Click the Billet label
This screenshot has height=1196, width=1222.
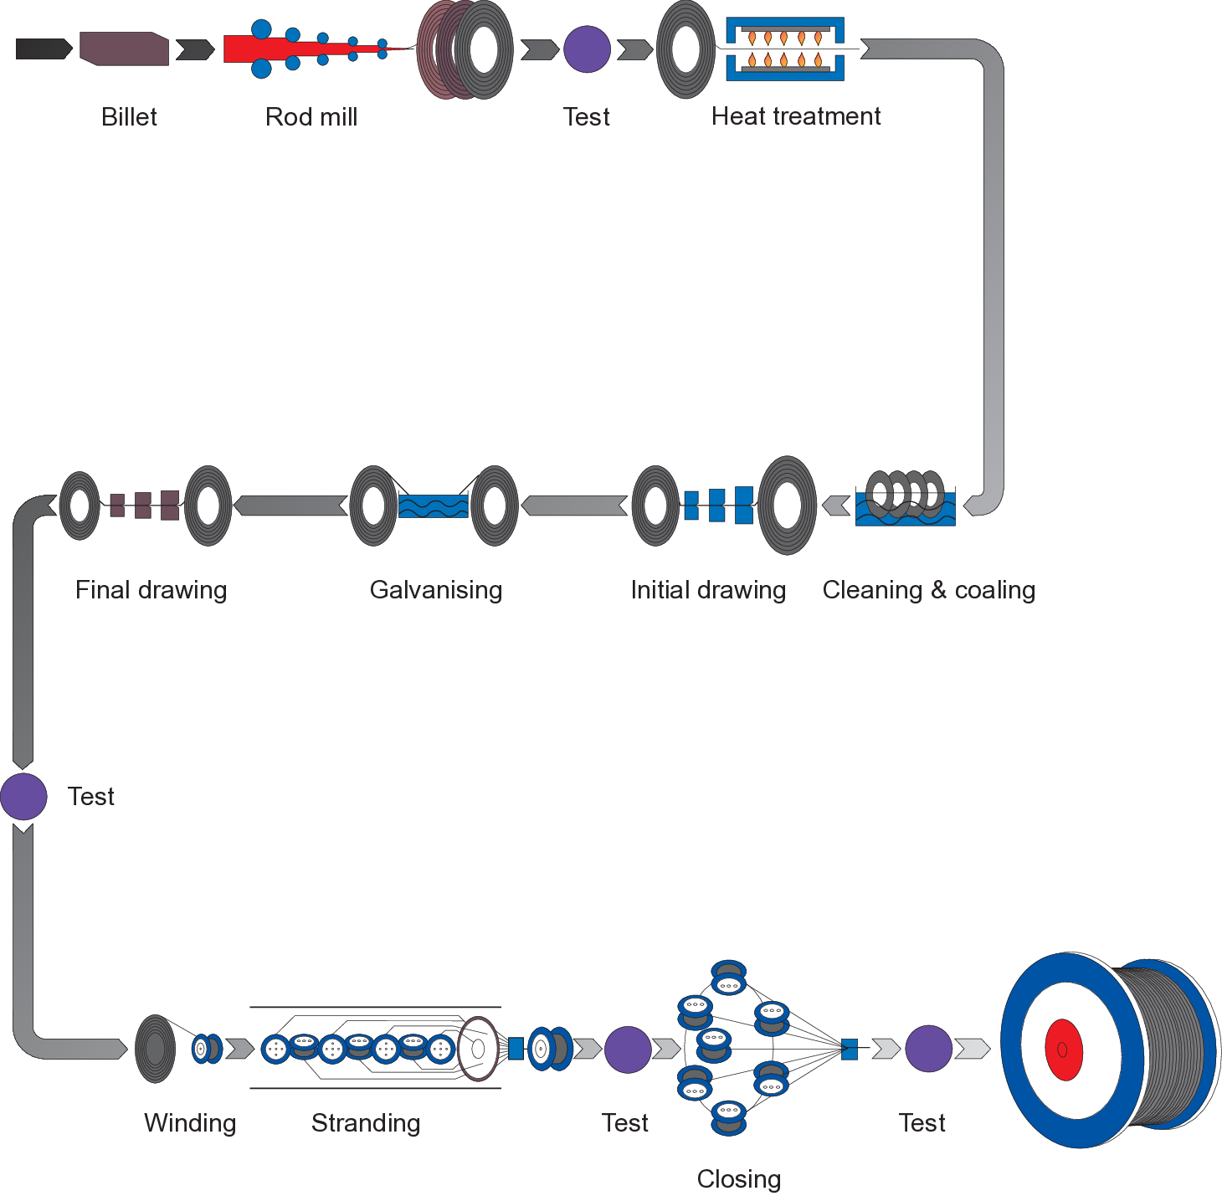129,117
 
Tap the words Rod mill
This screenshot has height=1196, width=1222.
311,117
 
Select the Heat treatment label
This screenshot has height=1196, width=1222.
796,116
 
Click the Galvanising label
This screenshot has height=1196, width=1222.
436,590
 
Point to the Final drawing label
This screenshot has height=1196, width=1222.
151,590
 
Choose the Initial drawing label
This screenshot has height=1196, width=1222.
708,590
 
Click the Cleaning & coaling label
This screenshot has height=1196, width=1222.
929,590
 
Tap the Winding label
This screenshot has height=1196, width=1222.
190,1123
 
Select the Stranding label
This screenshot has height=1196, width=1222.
366,1123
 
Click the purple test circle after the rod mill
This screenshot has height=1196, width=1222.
588,49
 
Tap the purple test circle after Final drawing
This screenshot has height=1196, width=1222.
23,797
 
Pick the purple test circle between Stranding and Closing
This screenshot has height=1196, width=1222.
628,1050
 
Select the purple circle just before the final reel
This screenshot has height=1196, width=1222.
928,1048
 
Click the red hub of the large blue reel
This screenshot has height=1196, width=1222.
1064,1050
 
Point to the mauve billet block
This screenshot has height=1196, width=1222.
125,49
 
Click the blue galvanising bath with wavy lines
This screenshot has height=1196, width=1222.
433,506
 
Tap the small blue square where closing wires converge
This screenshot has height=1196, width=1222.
849,1050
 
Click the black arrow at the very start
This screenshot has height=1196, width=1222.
44,49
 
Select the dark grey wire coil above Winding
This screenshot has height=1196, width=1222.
156,1049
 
